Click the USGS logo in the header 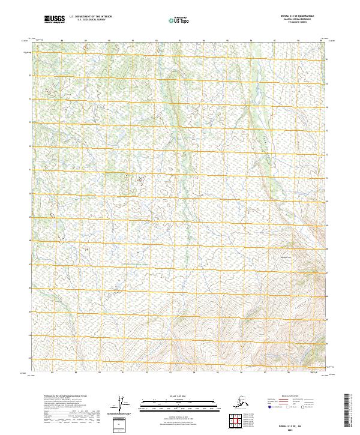54,19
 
